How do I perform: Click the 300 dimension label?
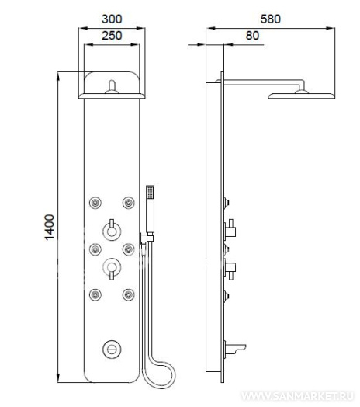pyautogui.click(x=112, y=19)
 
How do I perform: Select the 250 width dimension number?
pyautogui.click(x=112, y=36)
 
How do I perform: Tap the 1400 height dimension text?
pyautogui.click(x=50, y=228)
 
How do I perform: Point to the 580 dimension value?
pyautogui.click(x=271, y=19)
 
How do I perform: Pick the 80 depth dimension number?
pyautogui.click(x=252, y=36)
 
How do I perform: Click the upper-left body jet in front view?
pyautogui.click(x=95, y=203)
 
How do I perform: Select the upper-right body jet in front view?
pyautogui.click(x=128, y=203)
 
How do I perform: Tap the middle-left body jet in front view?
pyautogui.click(x=95, y=249)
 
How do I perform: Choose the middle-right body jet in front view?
pyautogui.click(x=128, y=249)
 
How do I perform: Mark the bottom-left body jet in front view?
pyautogui.click(x=95, y=295)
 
